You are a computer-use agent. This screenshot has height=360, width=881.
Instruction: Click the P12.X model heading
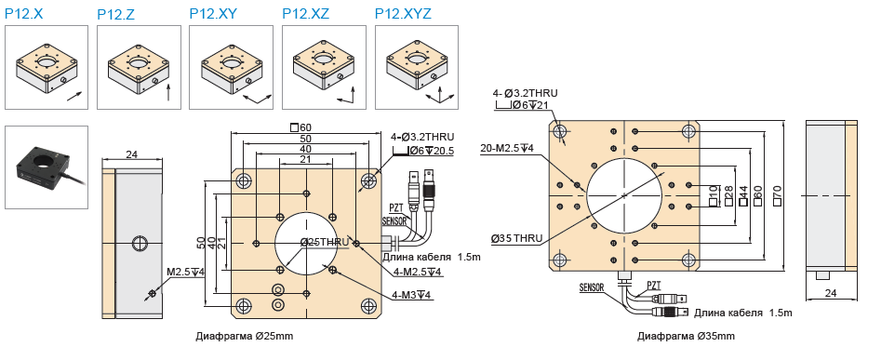(x=24, y=13)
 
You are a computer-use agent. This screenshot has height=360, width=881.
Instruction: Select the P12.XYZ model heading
(x=403, y=13)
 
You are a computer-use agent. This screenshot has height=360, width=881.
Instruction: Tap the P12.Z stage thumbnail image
(x=139, y=67)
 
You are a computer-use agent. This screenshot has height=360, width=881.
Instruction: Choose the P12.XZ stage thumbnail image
(x=324, y=67)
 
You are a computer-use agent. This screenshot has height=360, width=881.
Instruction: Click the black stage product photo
(x=47, y=167)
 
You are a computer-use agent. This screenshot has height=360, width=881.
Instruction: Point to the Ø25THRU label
(x=324, y=242)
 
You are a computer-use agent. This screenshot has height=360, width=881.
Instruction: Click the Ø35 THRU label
(x=516, y=238)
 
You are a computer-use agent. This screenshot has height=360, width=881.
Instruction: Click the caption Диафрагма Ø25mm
(x=245, y=337)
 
